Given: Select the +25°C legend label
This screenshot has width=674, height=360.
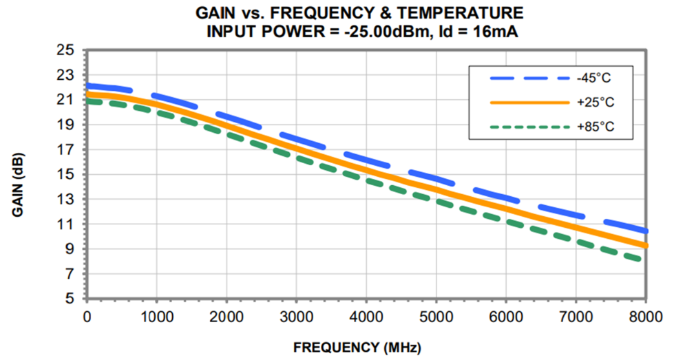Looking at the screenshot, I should (595, 103).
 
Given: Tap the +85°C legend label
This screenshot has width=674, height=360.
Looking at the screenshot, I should (595, 126).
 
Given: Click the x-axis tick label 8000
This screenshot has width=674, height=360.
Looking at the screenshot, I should (646, 317).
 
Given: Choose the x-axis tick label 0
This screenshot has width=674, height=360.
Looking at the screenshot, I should (86, 317).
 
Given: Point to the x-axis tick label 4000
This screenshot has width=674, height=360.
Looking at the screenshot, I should (366, 317).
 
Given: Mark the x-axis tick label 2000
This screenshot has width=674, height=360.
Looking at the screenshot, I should (226, 317).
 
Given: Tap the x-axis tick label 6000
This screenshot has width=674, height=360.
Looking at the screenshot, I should (506, 317).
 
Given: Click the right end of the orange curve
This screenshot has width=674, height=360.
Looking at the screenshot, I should (645, 245).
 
